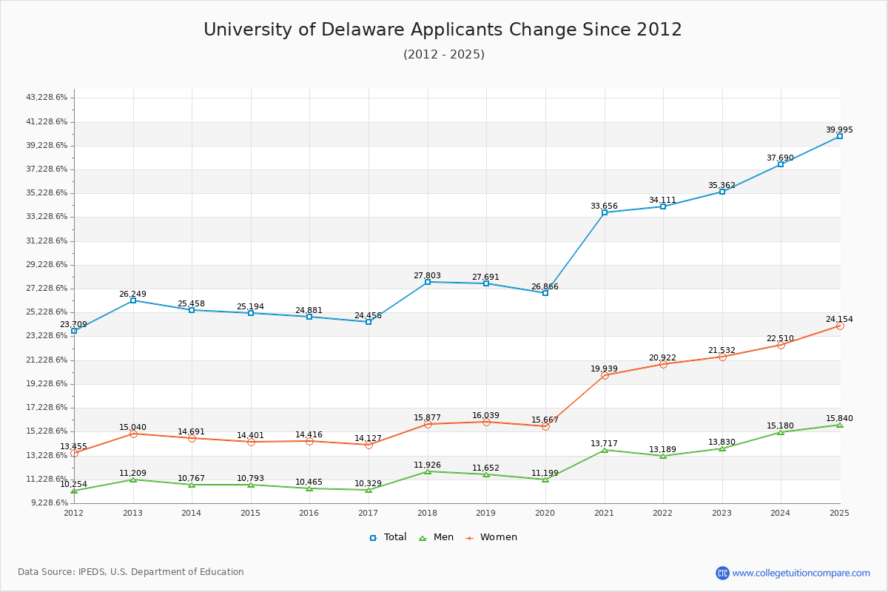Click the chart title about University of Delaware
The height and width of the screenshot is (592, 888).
[443, 30]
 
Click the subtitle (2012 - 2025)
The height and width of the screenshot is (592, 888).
[443, 55]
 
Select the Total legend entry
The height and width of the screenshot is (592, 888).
[388, 537]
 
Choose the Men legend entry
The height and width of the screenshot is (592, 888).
[437, 537]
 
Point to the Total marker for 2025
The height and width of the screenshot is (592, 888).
[840, 136]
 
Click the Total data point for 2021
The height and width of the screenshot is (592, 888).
[605, 212]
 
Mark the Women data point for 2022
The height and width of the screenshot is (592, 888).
[663, 364]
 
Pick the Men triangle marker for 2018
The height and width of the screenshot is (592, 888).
[428, 471]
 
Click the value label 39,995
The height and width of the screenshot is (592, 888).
[839, 130]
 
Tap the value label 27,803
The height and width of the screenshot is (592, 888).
[427, 276]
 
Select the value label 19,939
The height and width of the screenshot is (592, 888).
[604, 369]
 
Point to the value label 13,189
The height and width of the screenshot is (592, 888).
[663, 450]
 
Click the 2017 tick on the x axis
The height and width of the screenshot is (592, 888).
[369, 513]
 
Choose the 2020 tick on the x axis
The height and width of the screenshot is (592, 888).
[545, 513]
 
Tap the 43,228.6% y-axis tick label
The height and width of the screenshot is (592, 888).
[47, 98]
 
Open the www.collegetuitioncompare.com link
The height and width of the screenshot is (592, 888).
[801, 573]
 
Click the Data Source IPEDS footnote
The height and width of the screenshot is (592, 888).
[131, 572]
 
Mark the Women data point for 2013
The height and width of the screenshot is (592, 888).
[133, 434]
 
